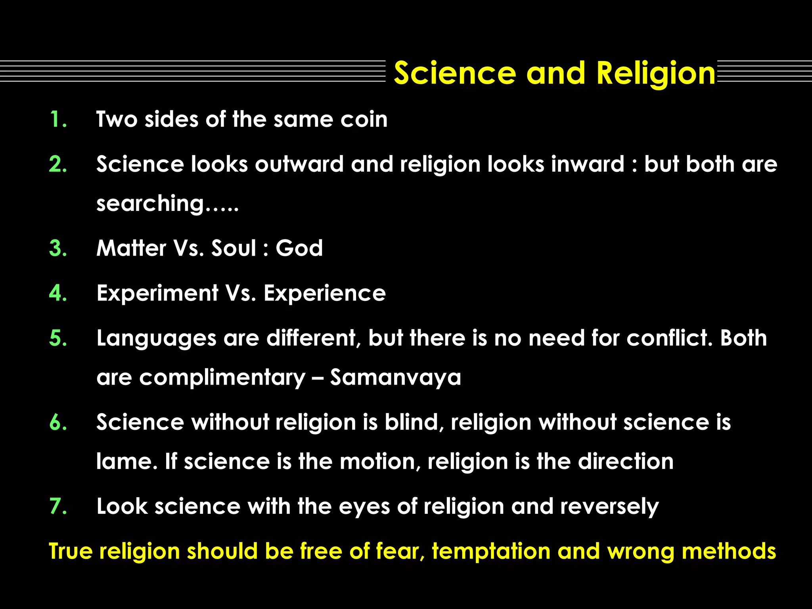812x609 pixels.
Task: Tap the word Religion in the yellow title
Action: coord(656,74)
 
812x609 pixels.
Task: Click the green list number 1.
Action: coord(58,119)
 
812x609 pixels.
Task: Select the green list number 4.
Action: coord(58,293)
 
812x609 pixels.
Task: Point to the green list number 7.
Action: coord(58,506)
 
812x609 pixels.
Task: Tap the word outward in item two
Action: coord(299,164)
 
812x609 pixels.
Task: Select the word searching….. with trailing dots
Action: coord(167,204)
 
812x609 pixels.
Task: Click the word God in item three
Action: coord(299,249)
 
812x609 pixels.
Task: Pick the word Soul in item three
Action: coord(234,249)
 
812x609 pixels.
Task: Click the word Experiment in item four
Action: coord(157,293)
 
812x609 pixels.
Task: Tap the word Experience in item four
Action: coord(324,293)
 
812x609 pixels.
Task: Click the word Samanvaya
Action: coord(396,377)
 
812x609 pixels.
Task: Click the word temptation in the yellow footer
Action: coord(491,552)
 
